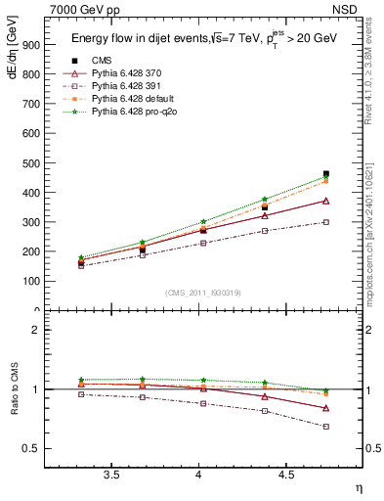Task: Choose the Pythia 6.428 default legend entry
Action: pyautogui.click(x=133, y=99)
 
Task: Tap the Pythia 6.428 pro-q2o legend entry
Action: pyautogui.click(x=134, y=112)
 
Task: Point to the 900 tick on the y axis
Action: pyautogui.click(x=29, y=45)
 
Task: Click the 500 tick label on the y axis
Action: pyautogui.click(x=29, y=163)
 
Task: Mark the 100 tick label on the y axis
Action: pyautogui.click(x=29, y=281)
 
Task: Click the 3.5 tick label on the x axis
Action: pyautogui.click(x=111, y=476)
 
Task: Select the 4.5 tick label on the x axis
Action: pyautogui.click(x=285, y=476)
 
